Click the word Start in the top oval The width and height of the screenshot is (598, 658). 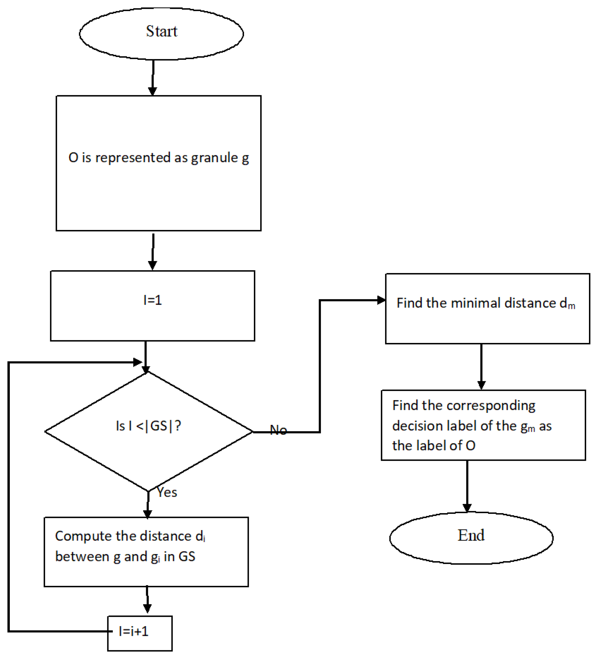click(x=161, y=32)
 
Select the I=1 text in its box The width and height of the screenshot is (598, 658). click(x=152, y=300)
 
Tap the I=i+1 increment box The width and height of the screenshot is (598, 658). click(x=140, y=632)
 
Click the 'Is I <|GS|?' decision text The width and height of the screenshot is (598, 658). click(x=148, y=426)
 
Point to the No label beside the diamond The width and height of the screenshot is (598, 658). click(x=278, y=430)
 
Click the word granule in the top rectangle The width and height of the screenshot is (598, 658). click(x=214, y=158)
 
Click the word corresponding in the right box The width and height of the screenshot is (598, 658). click(x=491, y=406)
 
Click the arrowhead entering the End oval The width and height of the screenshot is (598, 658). click(x=467, y=508)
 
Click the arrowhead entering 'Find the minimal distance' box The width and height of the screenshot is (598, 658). click(x=381, y=300)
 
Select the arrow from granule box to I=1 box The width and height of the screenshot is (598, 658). click(x=153, y=251)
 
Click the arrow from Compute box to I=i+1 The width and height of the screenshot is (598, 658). click(x=147, y=601)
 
